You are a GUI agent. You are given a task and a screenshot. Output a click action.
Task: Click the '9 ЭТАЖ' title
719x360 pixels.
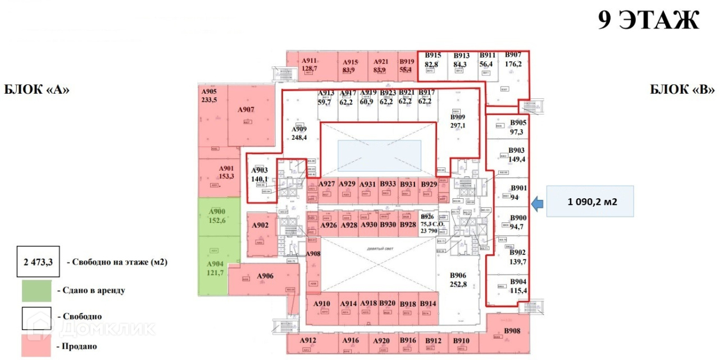coord(648,20)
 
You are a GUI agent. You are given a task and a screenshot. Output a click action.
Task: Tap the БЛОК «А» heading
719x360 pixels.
coord(37,90)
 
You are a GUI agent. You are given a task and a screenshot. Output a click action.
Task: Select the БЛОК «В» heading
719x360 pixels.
coord(682,90)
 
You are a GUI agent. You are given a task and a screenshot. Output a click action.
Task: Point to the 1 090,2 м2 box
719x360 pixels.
coord(590,201)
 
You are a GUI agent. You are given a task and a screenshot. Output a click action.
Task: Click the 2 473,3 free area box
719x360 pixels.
coord(37,262)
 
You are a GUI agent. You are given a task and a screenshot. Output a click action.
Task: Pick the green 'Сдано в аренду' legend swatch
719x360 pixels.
coord(37,290)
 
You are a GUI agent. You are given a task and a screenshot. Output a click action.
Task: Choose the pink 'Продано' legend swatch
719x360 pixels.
coord(37,346)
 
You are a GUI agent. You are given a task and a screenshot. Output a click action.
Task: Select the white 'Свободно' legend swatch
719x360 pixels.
coord(37,318)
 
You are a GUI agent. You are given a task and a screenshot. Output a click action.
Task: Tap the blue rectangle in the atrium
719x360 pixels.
coord(379,156)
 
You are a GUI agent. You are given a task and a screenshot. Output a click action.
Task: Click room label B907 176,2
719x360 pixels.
coord(513,59)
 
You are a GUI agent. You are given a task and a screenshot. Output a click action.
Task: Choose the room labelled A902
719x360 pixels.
coord(260,225)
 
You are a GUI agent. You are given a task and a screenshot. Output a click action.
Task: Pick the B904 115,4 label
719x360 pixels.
coord(517,286)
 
